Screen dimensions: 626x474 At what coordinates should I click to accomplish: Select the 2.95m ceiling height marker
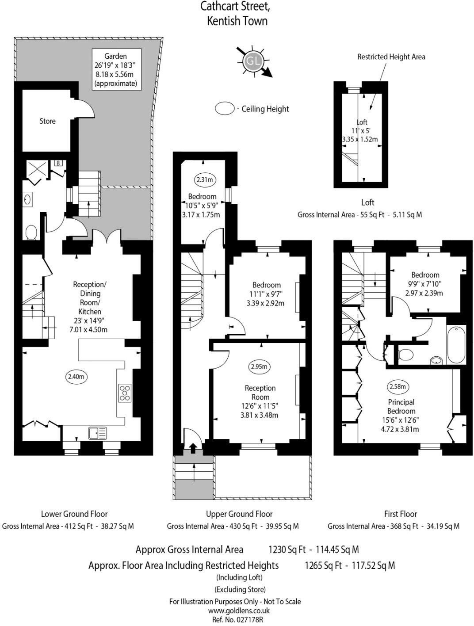259,366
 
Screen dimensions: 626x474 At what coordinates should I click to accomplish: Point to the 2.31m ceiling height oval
204,179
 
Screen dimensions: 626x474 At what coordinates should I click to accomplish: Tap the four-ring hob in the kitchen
125,393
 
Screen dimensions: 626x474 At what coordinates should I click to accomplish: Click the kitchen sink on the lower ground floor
97,433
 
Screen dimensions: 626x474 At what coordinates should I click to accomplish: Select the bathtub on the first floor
456,345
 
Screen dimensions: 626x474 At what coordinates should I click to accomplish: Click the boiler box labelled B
58,163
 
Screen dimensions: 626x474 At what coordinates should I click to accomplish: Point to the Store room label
47,121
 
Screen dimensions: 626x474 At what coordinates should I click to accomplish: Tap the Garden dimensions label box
115,69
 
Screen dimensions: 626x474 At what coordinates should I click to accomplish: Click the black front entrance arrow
193,448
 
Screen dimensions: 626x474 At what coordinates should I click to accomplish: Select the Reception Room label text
260,393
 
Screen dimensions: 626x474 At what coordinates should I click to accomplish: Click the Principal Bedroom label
401,407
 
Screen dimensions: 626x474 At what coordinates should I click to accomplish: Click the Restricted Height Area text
391,57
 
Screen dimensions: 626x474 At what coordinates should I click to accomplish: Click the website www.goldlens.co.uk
239,611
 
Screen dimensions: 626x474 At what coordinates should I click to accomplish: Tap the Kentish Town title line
237,21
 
